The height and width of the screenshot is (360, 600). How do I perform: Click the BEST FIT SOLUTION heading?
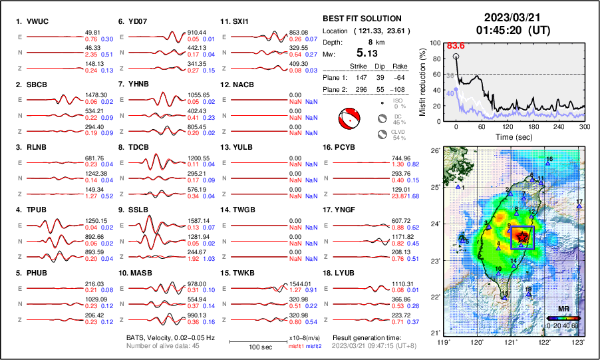coord(361,19)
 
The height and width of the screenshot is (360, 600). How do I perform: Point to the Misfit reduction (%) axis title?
coord(422,81)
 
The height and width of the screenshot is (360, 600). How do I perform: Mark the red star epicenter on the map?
coord(523,236)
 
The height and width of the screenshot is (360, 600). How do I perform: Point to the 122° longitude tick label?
coord(544,342)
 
